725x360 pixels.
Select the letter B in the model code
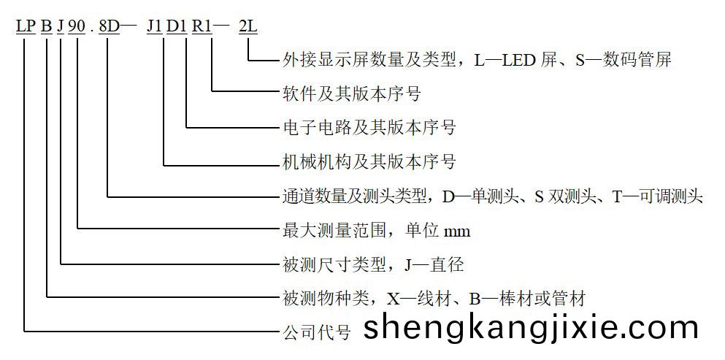pos(46,26)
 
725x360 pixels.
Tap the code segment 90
pos(77,26)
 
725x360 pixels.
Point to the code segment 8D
pos(108,26)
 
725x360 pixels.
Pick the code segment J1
pos(154,26)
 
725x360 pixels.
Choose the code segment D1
pos(177,26)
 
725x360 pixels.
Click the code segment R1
pos(202,26)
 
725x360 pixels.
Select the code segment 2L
pos(248,26)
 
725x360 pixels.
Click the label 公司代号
pos(316,333)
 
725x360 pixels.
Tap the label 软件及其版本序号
pos(351,94)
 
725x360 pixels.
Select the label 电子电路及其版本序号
pos(369,128)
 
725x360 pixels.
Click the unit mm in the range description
pos(457,231)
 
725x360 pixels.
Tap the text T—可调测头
pos(658,196)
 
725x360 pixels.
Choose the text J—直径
pos(434,264)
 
